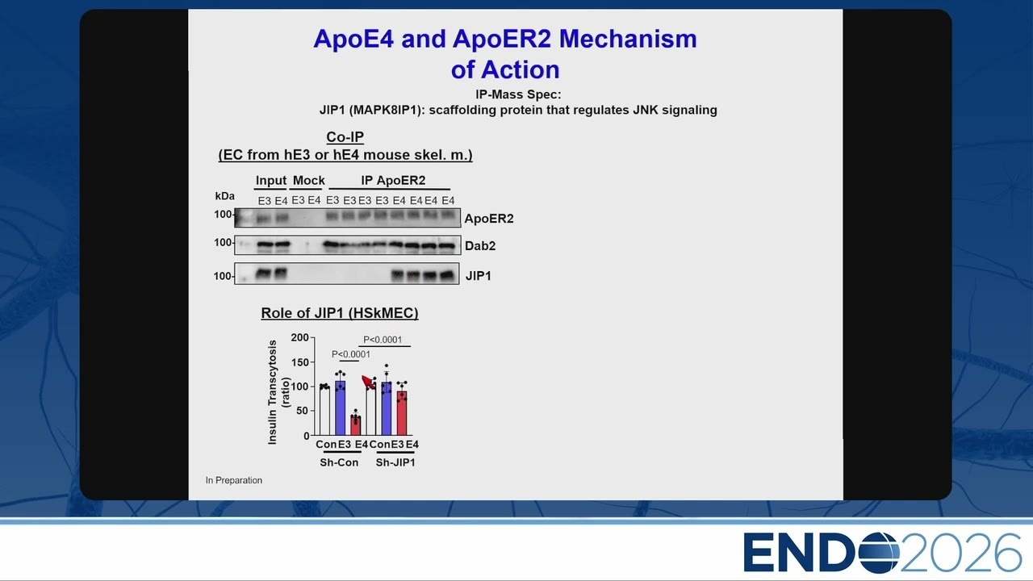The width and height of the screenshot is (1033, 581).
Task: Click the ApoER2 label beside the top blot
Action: click(x=489, y=219)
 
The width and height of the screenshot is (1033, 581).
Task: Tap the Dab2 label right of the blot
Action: click(x=480, y=246)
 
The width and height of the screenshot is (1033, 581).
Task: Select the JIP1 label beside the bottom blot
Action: click(x=479, y=276)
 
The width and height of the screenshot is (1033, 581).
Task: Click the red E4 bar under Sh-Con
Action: click(x=356, y=425)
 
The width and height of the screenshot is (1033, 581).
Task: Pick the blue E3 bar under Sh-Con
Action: click(x=341, y=408)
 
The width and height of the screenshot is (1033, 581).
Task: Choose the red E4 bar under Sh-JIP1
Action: click(x=402, y=413)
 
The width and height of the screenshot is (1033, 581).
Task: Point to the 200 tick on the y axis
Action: click(x=299, y=337)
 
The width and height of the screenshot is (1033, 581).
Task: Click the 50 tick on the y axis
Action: click(x=303, y=411)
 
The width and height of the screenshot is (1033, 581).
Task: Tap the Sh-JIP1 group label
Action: click(x=395, y=462)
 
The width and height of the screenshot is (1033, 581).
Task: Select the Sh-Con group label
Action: click(x=339, y=462)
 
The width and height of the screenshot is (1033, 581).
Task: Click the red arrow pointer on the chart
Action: click(x=369, y=382)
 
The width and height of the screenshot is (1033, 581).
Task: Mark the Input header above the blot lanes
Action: click(x=270, y=180)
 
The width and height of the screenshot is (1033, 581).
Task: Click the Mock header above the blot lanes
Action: click(x=308, y=180)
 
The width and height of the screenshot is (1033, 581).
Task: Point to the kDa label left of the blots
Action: click(x=224, y=196)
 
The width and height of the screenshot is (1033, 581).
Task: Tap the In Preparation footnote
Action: click(x=234, y=480)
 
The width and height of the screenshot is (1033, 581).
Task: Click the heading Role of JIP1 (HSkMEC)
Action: click(x=340, y=313)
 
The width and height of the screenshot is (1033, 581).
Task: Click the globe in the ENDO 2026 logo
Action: click(x=878, y=553)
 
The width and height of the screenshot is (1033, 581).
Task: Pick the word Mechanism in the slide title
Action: click(x=628, y=39)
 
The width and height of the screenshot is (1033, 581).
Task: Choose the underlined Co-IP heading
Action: click(x=345, y=137)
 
